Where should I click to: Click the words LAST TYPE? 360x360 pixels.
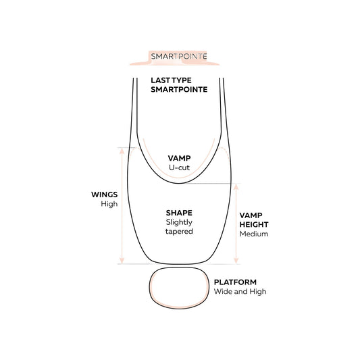point(171,80)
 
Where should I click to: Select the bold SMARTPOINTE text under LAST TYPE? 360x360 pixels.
point(179,90)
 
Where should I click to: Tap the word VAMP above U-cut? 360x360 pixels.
point(179,158)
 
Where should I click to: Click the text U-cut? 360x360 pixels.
point(179,168)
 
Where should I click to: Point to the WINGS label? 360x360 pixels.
point(105,195)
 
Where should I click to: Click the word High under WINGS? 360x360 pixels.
point(109,204)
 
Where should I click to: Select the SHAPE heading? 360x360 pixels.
point(179,213)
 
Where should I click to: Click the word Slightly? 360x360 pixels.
point(179,222)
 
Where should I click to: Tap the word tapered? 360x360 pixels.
point(179,232)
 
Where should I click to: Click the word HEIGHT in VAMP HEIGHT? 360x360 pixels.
point(254,224)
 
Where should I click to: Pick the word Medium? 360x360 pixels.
point(254,234)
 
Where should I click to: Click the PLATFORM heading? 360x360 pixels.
point(235,282)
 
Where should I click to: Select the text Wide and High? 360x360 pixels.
point(240,292)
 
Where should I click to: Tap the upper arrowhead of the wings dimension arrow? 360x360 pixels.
point(122,151)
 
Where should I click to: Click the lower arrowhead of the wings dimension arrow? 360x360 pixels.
point(122,261)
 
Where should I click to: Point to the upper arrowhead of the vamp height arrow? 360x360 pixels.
point(236,186)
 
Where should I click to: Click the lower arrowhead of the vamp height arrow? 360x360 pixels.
point(236,261)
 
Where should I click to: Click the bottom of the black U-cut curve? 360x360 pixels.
point(179,183)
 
